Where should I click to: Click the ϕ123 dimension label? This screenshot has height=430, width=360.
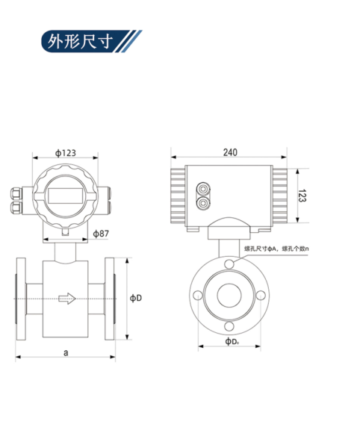(65, 153)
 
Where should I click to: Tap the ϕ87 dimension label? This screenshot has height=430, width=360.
(100, 234)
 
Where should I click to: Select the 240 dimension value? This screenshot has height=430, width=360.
(229, 152)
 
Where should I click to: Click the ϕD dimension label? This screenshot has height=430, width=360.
(135, 298)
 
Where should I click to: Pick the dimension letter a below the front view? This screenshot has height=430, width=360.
(66, 351)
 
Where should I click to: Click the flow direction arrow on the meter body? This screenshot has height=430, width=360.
(66, 299)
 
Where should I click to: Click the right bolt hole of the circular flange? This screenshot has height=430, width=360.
(261, 296)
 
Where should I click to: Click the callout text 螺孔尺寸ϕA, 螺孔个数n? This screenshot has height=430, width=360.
(276, 248)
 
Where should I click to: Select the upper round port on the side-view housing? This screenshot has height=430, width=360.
(203, 189)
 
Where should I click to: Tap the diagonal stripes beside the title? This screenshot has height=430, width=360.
(130, 40)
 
